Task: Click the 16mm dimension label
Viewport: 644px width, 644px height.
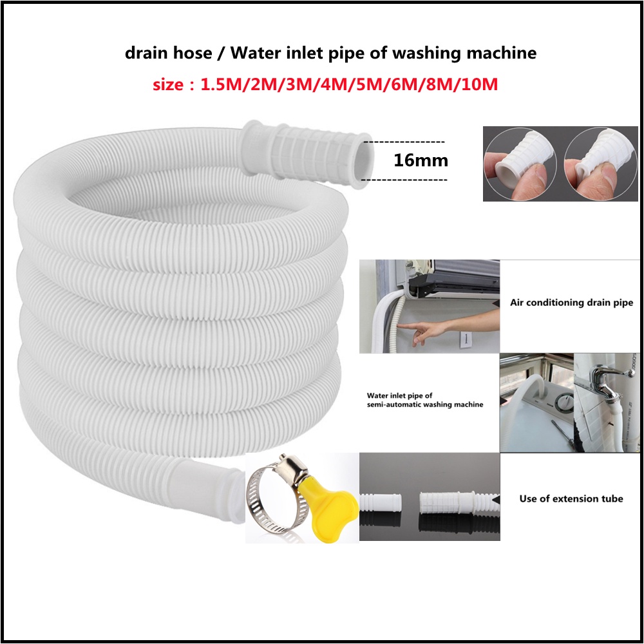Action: pyautogui.click(x=421, y=160)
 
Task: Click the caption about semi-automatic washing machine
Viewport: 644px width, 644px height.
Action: pyautogui.click(x=424, y=400)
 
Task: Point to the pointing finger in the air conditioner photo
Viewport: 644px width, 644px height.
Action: pyautogui.click(x=413, y=331)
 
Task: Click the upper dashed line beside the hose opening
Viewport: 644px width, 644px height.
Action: pyautogui.click(x=404, y=140)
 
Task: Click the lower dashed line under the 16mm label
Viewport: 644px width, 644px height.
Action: pyautogui.click(x=404, y=180)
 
